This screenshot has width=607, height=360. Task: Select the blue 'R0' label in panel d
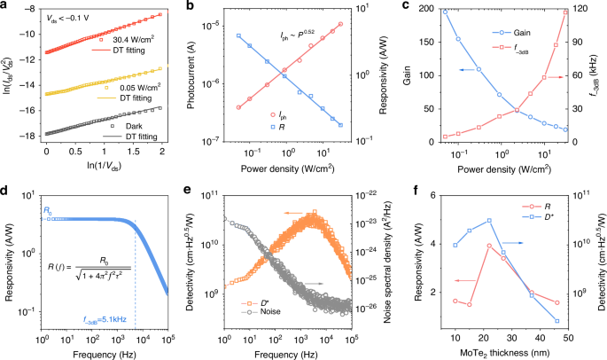point(49,209)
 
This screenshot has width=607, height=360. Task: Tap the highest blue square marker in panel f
point(488,221)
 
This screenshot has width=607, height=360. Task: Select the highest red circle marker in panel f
point(488,246)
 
